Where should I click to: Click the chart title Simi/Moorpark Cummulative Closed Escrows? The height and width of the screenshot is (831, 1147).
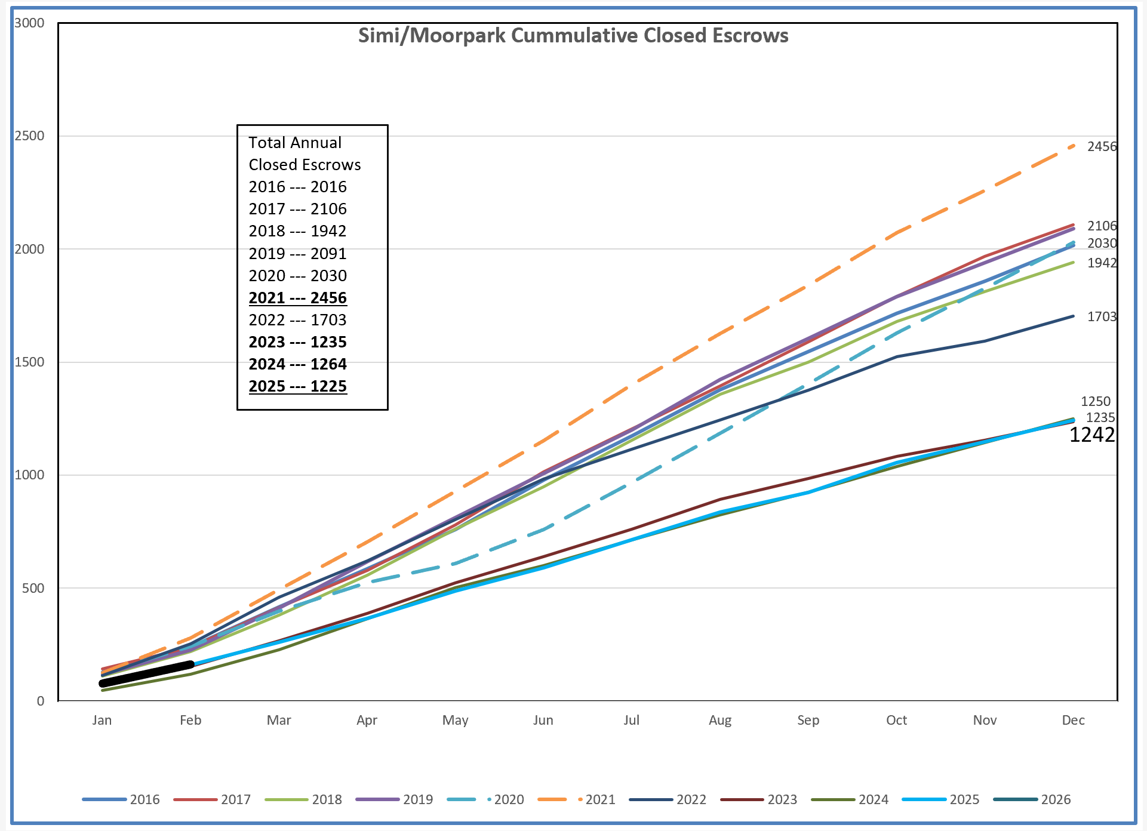[573, 36]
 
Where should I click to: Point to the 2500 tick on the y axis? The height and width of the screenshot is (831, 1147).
[30, 136]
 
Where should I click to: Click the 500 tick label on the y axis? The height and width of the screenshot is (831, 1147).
[33, 588]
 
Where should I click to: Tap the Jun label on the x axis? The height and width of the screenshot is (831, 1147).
[543, 720]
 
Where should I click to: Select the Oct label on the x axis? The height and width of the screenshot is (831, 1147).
[896, 720]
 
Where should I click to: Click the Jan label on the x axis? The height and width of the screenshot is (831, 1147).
[102, 720]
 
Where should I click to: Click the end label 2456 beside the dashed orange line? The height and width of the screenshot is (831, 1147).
[1102, 147]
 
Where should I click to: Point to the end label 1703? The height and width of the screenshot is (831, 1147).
[1102, 316]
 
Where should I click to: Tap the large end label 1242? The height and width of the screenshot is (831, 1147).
[1092, 435]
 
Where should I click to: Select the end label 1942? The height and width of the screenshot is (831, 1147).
[1102, 263]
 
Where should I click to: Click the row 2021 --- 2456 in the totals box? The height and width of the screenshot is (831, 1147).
[297, 298]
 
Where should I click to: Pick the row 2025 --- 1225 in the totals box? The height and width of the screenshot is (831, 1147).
[297, 386]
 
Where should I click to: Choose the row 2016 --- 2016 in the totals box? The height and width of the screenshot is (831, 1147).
[297, 187]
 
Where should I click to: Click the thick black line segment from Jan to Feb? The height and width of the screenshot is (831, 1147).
[147, 674]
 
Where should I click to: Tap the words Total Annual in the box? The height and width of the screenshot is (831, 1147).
[295, 143]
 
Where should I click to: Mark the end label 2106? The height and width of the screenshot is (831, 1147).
[1102, 226]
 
